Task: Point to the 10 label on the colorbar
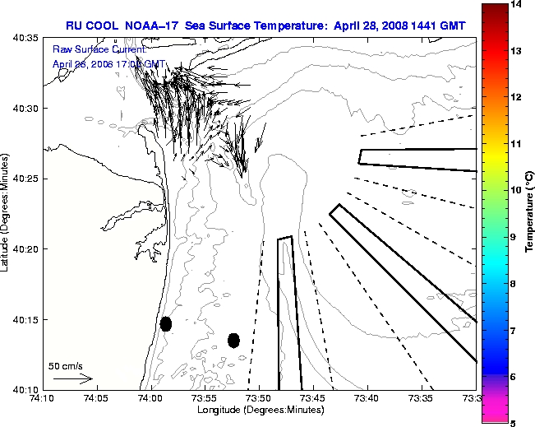coord(514,190)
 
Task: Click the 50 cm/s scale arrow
coord(72,379)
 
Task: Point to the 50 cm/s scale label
coord(66,366)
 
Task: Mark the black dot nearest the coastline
coord(166,323)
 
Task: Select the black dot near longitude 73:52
coord(233,340)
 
